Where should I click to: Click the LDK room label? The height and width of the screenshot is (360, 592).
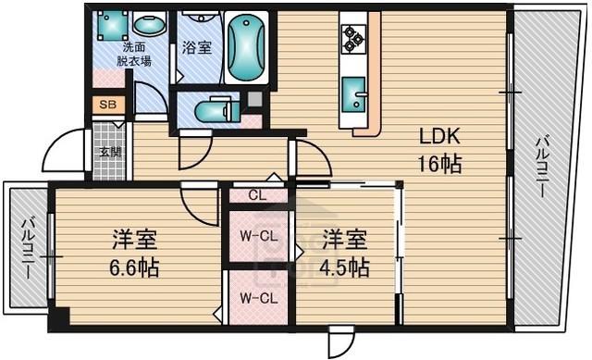click(440, 136)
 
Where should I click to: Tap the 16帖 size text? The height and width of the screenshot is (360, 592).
click(439, 165)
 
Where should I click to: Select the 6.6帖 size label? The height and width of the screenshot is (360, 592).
click(134, 267)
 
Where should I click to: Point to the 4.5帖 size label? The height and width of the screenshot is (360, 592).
click(344, 267)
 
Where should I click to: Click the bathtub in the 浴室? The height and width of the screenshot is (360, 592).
click(247, 47)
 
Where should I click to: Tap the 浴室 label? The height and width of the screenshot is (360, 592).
click(197, 48)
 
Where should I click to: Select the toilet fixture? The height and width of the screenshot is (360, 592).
click(217, 110)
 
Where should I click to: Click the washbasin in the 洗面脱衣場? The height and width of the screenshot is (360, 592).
click(150, 25)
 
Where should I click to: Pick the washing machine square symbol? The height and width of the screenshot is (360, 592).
click(113, 25)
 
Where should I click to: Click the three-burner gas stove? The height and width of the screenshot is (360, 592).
click(353, 39)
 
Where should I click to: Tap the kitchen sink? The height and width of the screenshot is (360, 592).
click(354, 94)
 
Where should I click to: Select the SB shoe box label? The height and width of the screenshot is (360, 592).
click(108, 105)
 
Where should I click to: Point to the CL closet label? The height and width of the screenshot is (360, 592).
click(258, 195)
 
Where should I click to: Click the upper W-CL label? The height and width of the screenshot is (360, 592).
click(259, 237)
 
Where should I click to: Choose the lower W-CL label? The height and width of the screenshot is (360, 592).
click(259, 299)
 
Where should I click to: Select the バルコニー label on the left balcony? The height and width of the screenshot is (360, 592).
click(28, 248)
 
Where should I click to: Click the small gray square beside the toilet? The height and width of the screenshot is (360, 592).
click(254, 99)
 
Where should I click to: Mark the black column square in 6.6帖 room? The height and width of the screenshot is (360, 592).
click(59, 316)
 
